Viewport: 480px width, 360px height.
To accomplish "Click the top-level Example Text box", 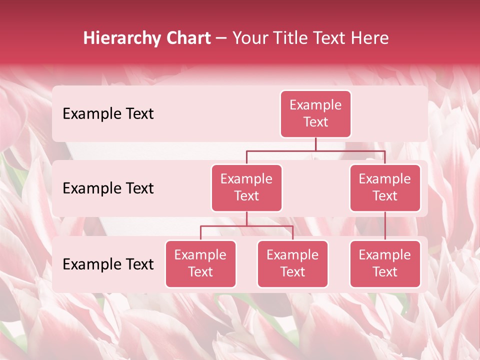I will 315,113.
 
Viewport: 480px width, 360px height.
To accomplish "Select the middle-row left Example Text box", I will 246,187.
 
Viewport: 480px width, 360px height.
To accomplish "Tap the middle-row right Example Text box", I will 385,187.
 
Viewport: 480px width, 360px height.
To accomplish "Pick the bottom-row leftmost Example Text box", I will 200,263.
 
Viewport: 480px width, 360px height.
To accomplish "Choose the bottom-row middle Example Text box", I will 292,263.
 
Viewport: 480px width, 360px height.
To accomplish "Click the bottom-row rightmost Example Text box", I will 385,263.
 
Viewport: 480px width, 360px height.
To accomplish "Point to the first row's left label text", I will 108,114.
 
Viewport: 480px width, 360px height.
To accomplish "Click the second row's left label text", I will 108,188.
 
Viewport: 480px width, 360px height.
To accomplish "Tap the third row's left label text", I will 108,264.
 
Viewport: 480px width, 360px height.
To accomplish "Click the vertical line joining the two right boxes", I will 385,226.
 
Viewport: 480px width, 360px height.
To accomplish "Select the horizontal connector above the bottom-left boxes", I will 246,226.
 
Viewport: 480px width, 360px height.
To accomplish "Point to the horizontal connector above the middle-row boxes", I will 315,151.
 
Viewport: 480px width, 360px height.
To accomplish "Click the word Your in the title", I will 248,38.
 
